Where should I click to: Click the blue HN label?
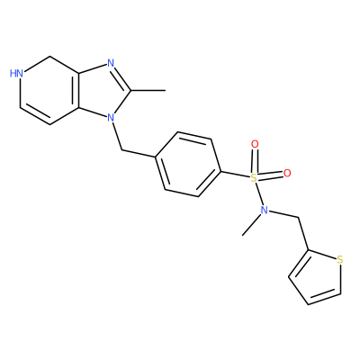pos(16,73)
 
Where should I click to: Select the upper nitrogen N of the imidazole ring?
pos(111,63)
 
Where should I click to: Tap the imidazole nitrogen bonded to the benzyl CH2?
pos(111,117)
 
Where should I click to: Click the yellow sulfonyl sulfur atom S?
pos(254,178)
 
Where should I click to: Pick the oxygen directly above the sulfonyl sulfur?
pos(255,144)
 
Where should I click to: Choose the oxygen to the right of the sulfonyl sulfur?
pos(287,173)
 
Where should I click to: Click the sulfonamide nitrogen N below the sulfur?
pos(265,211)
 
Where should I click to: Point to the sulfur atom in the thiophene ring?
pos(339,260)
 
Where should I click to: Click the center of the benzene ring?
pos(188,165)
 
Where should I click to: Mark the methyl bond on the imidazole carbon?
pos(148,90)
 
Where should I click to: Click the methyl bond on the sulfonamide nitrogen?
pos(251,225)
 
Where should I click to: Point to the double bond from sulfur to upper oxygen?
pos(255,161)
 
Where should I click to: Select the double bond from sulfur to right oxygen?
pos(270,175)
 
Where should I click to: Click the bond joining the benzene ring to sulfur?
pos(236,175)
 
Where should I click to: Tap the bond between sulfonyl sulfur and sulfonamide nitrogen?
pos(259,194)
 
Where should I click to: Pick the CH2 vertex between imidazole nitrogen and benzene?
pos(121,150)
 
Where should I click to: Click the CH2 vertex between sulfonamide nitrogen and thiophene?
pos(299,217)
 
